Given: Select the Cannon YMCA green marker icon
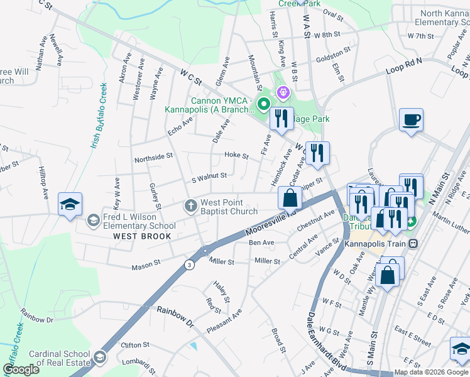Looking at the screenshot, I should pyautogui.click(x=265, y=104).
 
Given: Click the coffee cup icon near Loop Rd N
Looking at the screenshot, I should pyautogui.click(x=411, y=120).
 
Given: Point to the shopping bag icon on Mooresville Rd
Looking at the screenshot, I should pyautogui.click(x=289, y=198).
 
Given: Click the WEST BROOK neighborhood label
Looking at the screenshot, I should pyautogui.click(x=142, y=236).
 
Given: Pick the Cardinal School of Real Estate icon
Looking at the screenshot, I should pyautogui.click(x=99, y=358).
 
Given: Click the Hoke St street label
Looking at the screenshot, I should pyautogui.click(x=237, y=155).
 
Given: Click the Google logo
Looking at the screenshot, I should pyautogui.click(x=21, y=369).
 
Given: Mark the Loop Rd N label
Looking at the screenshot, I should pyautogui.click(x=403, y=65).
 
